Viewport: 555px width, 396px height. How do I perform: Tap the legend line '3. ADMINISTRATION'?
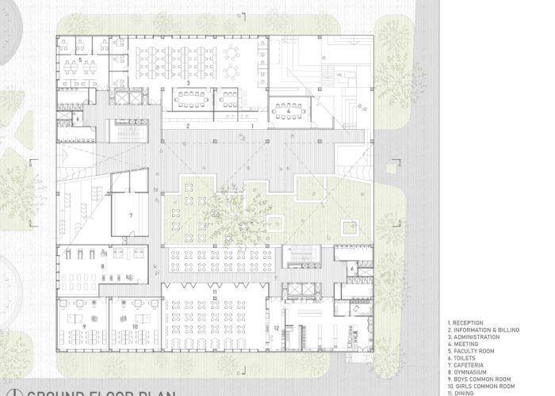tap(470, 337)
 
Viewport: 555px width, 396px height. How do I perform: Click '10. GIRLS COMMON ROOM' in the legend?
tap(477, 386)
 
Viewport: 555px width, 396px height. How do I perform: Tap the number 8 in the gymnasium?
tap(102, 267)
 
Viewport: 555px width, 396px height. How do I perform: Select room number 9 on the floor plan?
tap(83, 326)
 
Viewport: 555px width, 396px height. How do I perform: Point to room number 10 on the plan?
tap(135, 326)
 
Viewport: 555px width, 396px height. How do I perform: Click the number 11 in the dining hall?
tap(215, 292)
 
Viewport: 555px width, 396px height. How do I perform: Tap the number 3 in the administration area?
tap(188, 82)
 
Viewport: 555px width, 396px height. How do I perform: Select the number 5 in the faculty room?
tap(80, 59)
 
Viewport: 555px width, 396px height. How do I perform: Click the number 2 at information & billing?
tap(188, 126)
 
